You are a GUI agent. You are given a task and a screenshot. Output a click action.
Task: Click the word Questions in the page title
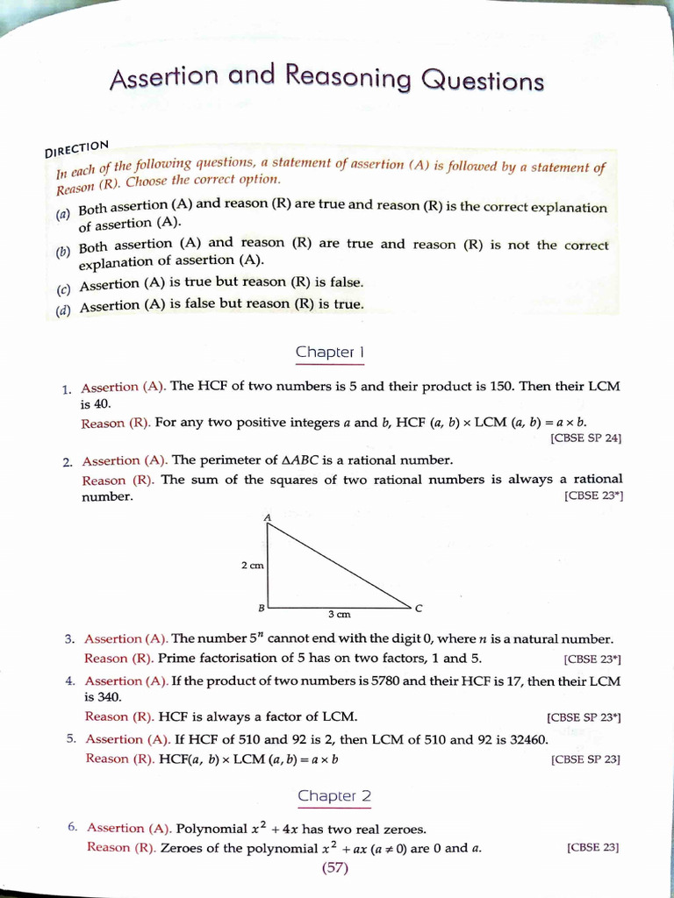point(483,82)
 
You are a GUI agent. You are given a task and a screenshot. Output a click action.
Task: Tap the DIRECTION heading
point(77,147)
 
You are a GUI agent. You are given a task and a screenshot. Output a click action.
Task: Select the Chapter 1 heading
point(329,353)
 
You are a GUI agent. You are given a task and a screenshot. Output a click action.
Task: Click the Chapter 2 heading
point(334,796)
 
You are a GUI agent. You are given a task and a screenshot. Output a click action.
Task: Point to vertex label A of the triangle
point(267,517)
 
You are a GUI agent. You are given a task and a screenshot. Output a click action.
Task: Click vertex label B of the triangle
point(261,607)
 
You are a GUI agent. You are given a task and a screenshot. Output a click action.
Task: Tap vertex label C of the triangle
point(419,608)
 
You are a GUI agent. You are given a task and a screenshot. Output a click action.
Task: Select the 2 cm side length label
point(252,566)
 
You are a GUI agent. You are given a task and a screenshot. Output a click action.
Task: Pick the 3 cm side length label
point(340,614)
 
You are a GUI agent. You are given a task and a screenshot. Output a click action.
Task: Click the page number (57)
point(335,868)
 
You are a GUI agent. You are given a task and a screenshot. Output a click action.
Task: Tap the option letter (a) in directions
point(62,214)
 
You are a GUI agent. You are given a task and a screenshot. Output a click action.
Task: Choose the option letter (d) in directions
point(63,310)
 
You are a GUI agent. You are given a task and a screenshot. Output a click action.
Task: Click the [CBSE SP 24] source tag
point(585,438)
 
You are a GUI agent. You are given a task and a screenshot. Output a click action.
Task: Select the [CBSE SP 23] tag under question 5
point(585,759)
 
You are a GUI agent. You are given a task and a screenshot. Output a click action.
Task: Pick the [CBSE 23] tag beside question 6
point(593,847)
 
